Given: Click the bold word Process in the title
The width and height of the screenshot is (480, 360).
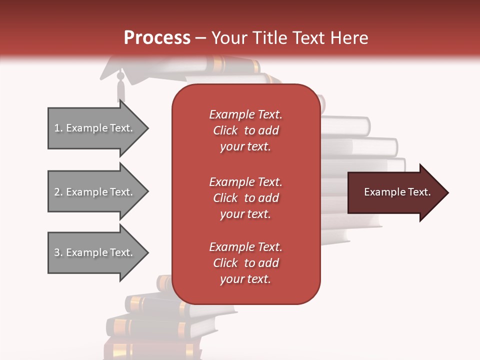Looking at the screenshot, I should tap(157, 37).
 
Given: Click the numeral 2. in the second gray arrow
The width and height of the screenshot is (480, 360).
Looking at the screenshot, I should tap(58, 192).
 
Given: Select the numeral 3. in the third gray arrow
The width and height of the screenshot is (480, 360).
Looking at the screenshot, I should tap(58, 252).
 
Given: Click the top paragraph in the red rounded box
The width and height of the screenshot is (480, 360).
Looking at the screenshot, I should tap(245, 130).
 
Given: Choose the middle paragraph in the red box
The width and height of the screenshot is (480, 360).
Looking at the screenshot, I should tap(245, 198).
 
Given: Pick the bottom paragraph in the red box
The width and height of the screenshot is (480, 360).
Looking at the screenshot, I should tap(245, 263).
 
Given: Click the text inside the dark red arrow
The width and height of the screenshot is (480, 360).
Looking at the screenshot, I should tap(397, 192).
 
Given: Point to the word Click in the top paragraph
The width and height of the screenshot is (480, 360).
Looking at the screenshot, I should tap(225, 130).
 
